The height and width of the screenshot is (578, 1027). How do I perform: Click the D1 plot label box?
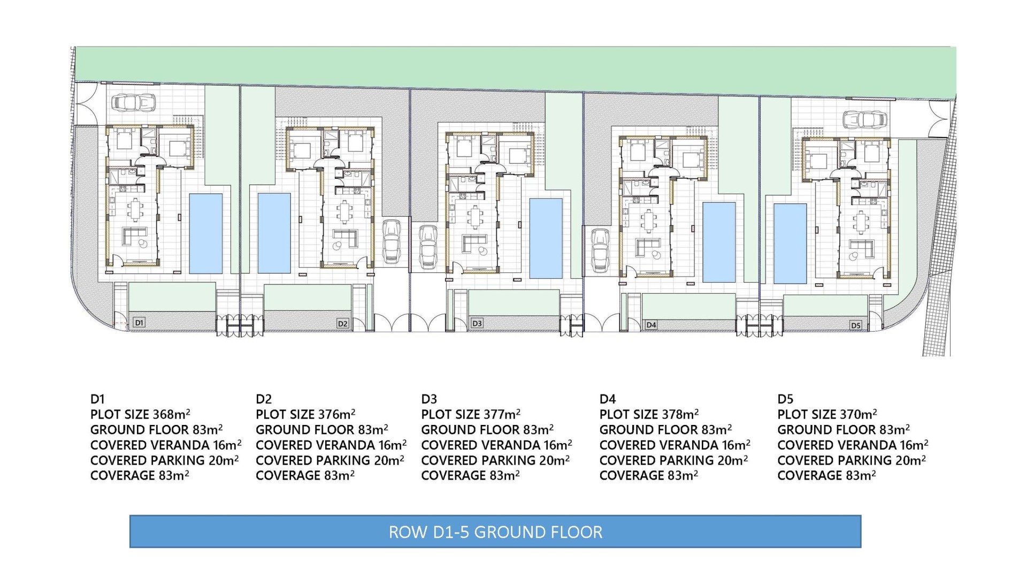(x=139, y=322)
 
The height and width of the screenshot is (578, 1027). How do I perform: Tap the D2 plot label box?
(x=343, y=323)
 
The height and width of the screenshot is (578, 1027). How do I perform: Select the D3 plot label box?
(x=477, y=323)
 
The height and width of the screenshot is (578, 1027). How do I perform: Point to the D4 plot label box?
(x=651, y=325)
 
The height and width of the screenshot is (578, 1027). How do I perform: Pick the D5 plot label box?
(x=855, y=325)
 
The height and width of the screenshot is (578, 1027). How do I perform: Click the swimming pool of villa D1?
(x=206, y=233)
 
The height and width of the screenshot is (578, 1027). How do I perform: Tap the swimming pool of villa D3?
(x=546, y=239)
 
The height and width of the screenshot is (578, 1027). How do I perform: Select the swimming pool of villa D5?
(x=791, y=244)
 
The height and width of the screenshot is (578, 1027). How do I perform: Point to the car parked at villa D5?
(x=864, y=119)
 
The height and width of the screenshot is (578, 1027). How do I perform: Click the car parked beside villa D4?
(x=601, y=250)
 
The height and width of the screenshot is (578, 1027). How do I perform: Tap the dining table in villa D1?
(x=135, y=209)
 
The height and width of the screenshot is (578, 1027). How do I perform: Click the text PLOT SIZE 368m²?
(x=140, y=414)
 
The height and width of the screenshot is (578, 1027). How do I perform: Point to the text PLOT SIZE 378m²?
(x=649, y=414)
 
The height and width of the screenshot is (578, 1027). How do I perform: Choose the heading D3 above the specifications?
(x=429, y=399)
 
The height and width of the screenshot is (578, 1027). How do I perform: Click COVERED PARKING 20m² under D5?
(x=852, y=460)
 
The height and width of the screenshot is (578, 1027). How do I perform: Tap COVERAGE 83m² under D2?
(x=305, y=475)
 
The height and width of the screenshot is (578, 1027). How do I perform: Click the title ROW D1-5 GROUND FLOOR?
(x=495, y=532)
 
